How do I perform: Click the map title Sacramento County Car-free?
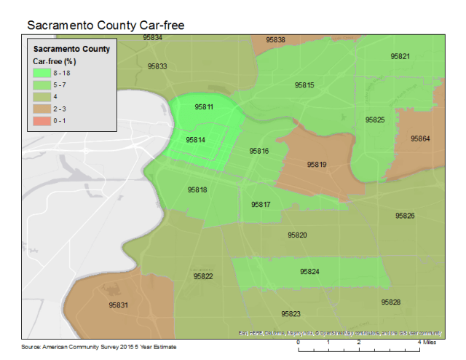tap(106, 25)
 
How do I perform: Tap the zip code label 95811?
tap(204, 107)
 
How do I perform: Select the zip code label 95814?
tap(195, 139)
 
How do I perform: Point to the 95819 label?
tap(317, 165)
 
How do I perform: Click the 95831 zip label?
tap(119, 305)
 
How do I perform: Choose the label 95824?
tap(310, 272)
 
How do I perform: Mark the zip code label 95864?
tap(421, 138)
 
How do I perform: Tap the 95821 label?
tap(400, 56)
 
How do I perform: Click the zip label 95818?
tap(197, 189)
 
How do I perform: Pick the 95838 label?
tap(276, 40)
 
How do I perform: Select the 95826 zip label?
tap(406, 216)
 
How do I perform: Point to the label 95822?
tap(203, 277)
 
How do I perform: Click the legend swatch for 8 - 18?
tap(37, 74)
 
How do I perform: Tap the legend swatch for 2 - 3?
tap(37, 107)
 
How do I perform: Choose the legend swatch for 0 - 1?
tap(37, 119)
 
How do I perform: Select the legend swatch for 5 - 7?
tap(37, 85)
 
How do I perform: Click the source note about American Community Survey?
tap(99, 347)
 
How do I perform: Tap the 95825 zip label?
tap(375, 120)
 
